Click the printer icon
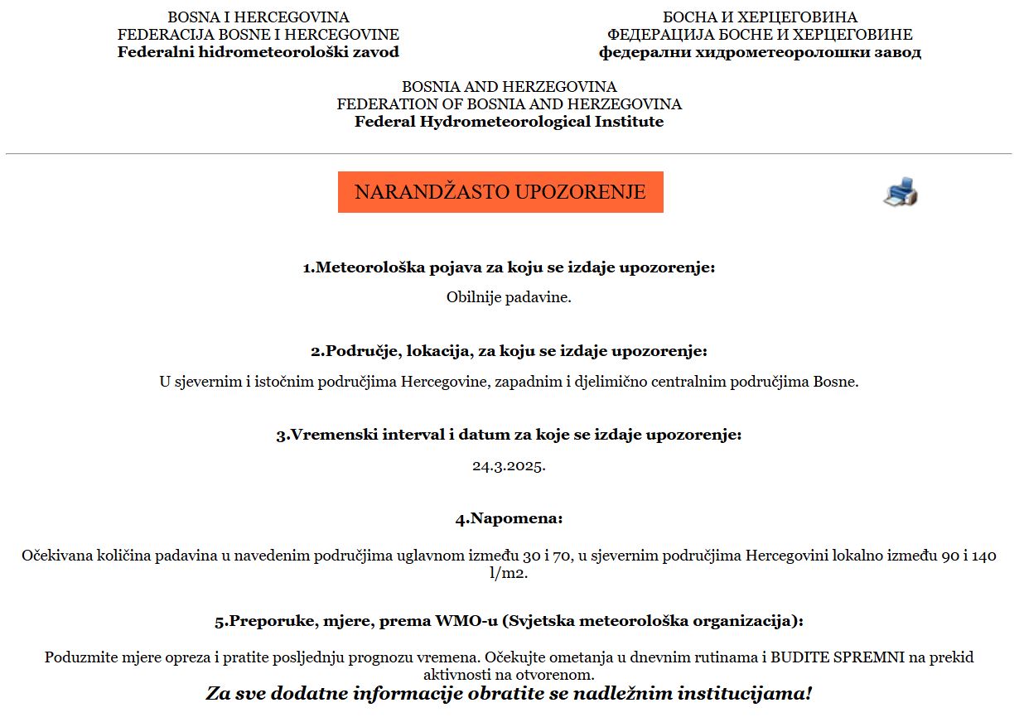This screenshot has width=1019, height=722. point(901,192)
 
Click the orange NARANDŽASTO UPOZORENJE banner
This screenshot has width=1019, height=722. point(500,192)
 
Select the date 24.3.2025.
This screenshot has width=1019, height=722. point(509,465)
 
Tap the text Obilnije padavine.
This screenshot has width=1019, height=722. point(509,297)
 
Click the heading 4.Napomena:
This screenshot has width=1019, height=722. point(509,519)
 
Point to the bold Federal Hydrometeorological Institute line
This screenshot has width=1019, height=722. point(509,122)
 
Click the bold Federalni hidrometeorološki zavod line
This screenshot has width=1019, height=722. point(258,52)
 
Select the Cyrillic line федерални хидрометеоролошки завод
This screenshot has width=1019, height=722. point(760,52)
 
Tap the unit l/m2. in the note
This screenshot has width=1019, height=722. point(509,573)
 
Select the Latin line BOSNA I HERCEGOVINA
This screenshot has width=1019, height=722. point(258,17)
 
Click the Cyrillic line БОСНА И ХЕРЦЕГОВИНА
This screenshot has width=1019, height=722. point(760,17)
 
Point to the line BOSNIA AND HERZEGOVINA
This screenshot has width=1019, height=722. point(509,87)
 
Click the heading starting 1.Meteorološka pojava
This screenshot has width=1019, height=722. point(509,268)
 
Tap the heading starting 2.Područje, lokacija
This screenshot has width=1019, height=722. point(509,351)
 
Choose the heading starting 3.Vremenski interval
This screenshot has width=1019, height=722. point(509,435)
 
